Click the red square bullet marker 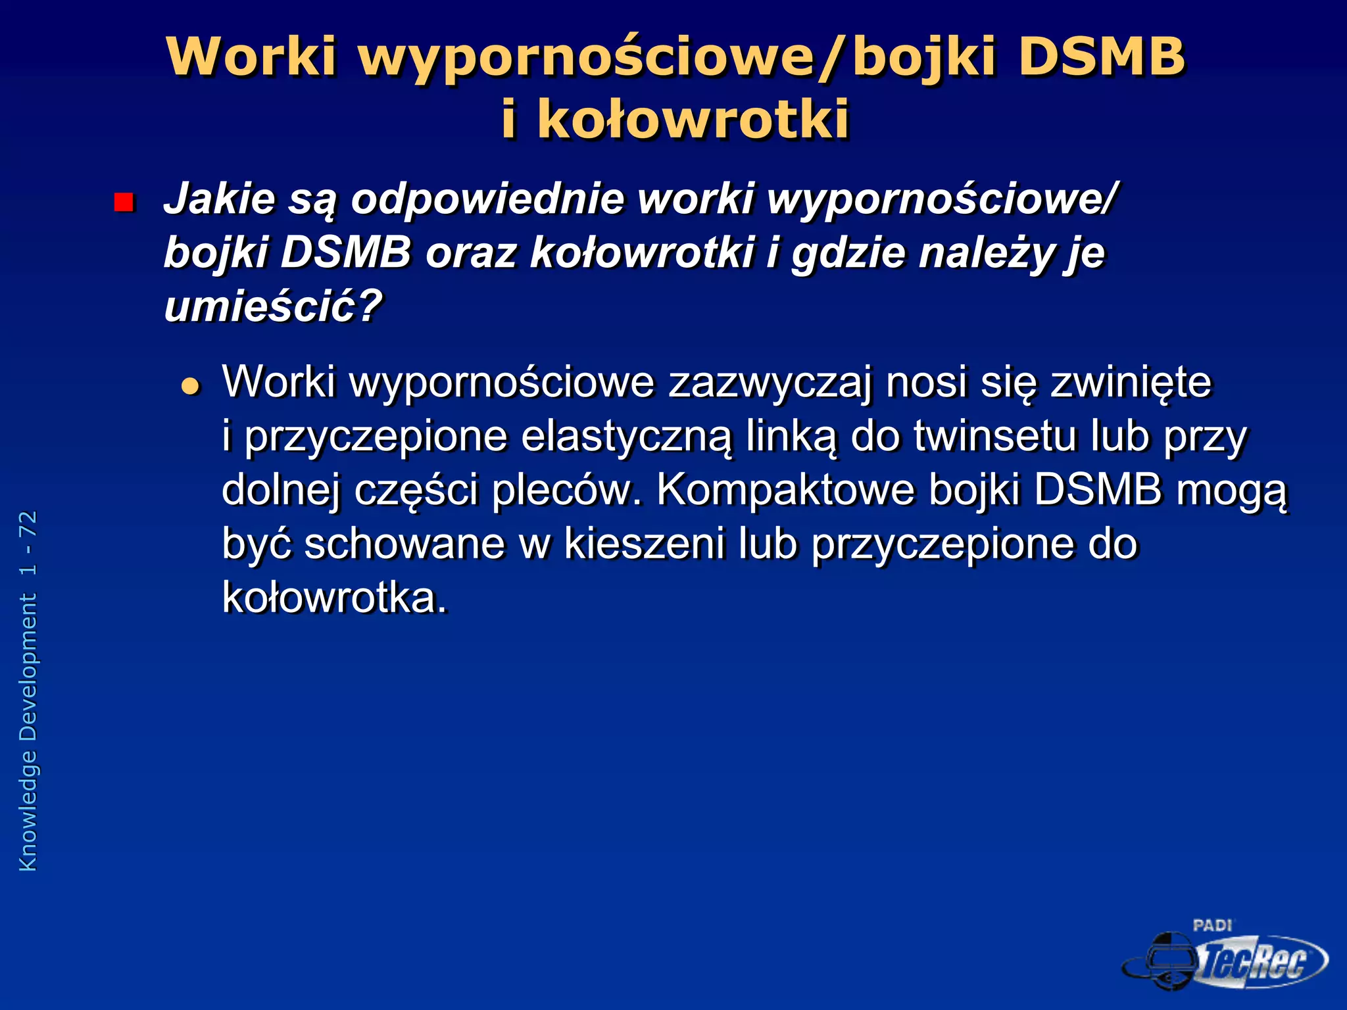124,203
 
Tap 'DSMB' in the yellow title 1101,57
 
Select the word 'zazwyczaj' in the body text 770,382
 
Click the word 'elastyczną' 625,437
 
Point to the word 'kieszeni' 645,544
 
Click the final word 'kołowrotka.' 334,598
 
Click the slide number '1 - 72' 28,543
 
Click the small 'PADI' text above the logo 1212,926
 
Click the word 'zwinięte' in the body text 1130,382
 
